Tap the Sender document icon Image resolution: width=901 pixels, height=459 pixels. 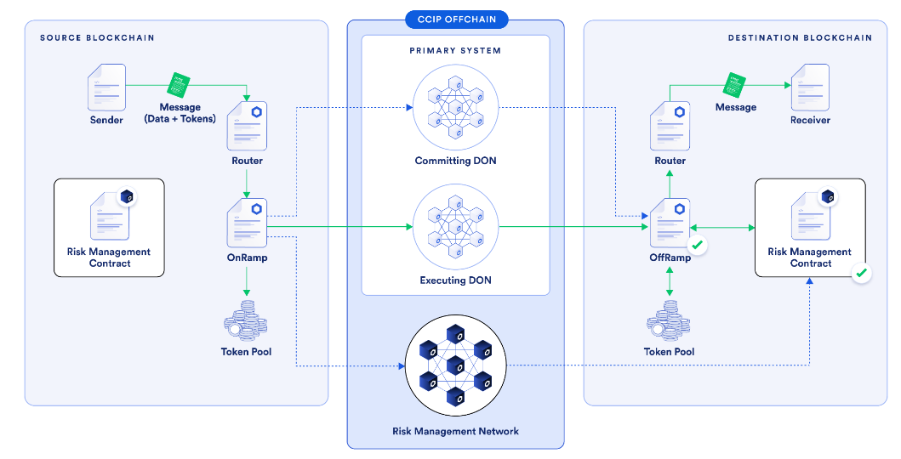(107, 86)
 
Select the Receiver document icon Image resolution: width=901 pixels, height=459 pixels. (809, 87)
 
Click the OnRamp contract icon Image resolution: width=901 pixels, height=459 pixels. (247, 223)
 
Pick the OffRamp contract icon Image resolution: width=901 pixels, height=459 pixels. (670, 223)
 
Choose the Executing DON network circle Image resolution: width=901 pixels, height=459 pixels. (455, 227)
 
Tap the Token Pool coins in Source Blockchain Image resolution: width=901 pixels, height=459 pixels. (247, 323)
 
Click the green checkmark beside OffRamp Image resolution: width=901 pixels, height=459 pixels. (698, 246)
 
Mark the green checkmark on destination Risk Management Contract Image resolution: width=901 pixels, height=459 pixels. (861, 274)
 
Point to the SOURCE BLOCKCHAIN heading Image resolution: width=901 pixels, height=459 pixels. (97, 38)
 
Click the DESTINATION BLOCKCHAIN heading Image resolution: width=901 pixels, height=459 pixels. (800, 38)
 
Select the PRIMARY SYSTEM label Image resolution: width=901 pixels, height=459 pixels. (455, 51)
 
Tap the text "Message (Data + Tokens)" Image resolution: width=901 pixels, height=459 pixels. (180, 113)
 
